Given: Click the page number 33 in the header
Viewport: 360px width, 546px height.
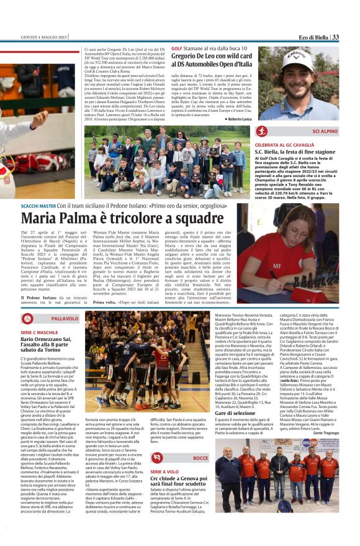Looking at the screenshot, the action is click(x=336, y=38).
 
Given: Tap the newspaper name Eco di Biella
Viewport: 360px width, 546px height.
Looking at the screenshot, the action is click(x=308, y=38).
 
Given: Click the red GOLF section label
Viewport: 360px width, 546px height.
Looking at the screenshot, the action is click(x=177, y=48).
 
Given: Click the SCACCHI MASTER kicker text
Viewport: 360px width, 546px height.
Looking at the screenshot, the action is click(x=38, y=206).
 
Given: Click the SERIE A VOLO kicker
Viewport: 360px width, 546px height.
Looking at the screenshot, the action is click(x=164, y=471).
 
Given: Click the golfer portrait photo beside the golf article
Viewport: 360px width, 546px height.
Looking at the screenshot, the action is click(x=298, y=83).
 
